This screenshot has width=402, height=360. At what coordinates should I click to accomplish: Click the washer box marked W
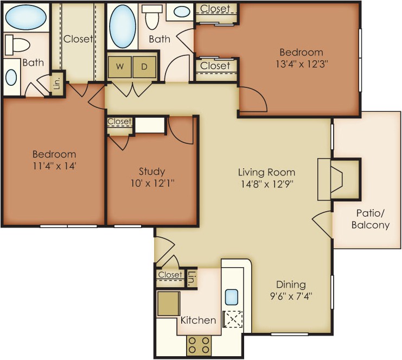click(x=120, y=67)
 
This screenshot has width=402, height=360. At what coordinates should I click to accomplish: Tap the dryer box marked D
click(x=144, y=67)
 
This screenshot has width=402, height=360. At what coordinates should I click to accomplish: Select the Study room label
click(x=152, y=171)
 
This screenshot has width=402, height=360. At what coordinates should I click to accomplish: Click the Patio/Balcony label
click(x=371, y=219)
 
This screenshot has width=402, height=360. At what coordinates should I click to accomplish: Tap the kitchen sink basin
click(x=232, y=297)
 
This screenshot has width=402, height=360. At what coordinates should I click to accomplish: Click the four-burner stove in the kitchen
click(x=199, y=345)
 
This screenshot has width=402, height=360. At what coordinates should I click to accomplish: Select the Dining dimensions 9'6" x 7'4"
click(x=291, y=296)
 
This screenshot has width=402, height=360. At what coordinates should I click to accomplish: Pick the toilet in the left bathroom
click(x=17, y=45)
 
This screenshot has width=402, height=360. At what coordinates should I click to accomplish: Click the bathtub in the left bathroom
click(x=26, y=17)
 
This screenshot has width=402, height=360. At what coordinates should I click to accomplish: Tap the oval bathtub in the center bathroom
click(x=123, y=26)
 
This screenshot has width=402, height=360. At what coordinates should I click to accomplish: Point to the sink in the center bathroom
click(x=182, y=11)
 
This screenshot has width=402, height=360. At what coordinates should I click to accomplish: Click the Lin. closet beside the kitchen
click(x=191, y=279)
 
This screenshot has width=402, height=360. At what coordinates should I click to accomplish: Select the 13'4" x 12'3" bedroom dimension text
click(x=302, y=64)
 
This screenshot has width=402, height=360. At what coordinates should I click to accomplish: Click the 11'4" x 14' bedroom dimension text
click(x=54, y=166)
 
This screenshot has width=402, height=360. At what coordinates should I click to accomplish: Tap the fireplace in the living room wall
click(x=339, y=179)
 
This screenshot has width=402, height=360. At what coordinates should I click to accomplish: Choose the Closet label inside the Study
click(x=119, y=121)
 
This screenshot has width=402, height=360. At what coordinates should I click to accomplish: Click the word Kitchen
click(x=198, y=320)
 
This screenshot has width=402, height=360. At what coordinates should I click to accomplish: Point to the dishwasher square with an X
click(x=233, y=319)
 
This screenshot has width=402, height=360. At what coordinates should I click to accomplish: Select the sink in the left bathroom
click(x=11, y=77)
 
